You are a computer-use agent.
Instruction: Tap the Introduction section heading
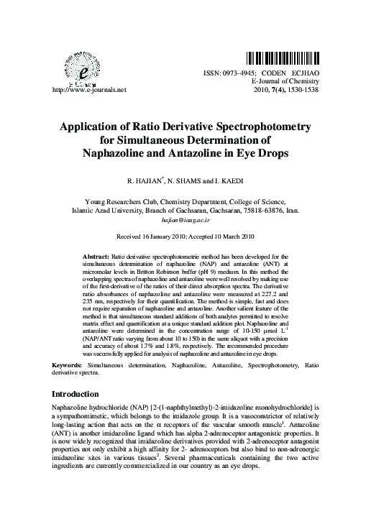coord(80,394)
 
